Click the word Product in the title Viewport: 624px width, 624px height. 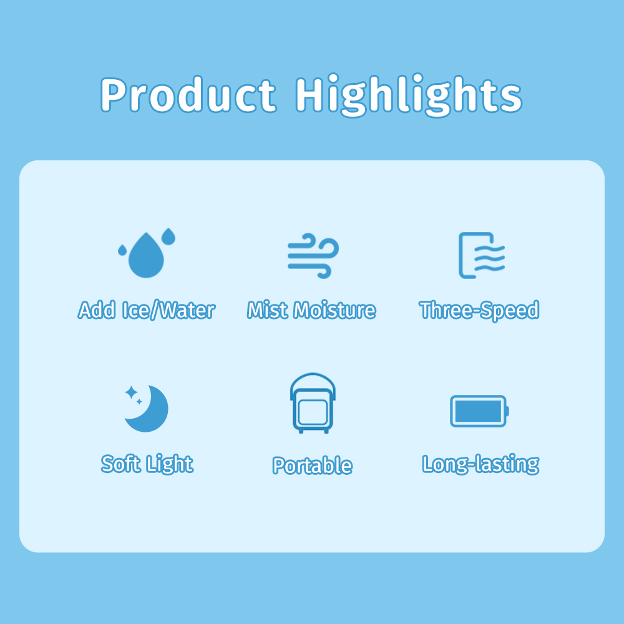point(188,95)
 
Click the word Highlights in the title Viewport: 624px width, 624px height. point(408,95)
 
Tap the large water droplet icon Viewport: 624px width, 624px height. point(146,255)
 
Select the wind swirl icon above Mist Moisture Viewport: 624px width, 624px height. point(313,256)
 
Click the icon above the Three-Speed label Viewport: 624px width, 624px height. point(482,255)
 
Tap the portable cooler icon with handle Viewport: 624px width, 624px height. point(313,403)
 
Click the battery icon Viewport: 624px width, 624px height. point(479,411)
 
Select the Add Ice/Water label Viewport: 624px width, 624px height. point(147,310)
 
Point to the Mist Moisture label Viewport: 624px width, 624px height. point(311,310)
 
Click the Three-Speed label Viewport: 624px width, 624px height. point(479,311)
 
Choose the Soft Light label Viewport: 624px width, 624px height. point(147,464)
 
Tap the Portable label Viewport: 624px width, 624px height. point(313,466)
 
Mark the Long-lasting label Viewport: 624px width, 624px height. point(480,464)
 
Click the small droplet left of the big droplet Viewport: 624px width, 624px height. point(122,250)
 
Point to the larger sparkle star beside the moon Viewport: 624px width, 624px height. point(131,392)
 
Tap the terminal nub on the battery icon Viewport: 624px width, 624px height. point(507,411)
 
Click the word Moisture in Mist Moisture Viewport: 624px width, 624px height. point(334,310)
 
